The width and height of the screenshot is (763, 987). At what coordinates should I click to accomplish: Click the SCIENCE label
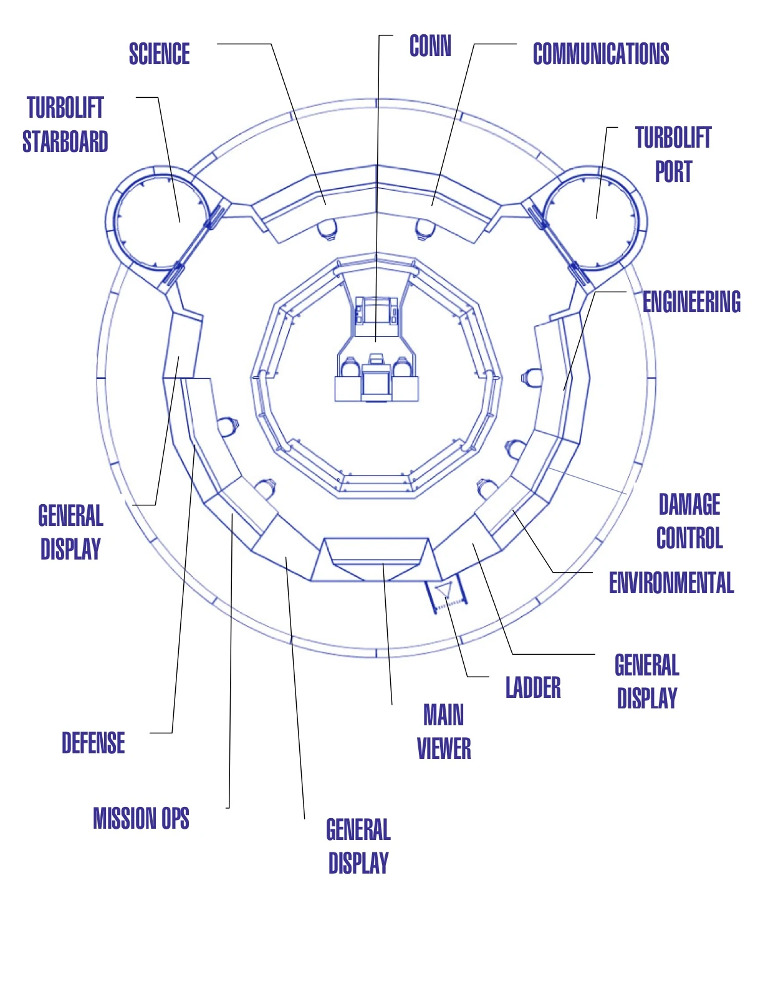pyautogui.click(x=159, y=54)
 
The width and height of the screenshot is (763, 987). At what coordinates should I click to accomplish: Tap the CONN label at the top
pyautogui.click(x=430, y=46)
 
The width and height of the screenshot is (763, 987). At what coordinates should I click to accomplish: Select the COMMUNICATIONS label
pyautogui.click(x=600, y=54)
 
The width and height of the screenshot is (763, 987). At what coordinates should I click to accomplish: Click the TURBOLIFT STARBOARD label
pyautogui.click(x=65, y=125)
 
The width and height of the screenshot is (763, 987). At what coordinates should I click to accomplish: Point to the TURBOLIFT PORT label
pyautogui.click(x=673, y=154)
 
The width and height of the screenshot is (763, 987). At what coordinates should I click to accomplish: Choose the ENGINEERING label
pyautogui.click(x=691, y=302)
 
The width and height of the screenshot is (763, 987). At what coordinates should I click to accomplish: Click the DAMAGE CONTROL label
pyautogui.click(x=689, y=521)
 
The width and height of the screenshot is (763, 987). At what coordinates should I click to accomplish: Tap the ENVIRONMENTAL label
pyautogui.click(x=671, y=583)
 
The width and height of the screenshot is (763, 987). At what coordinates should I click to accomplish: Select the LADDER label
pyautogui.click(x=533, y=688)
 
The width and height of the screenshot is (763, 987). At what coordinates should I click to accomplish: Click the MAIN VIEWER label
pyautogui.click(x=443, y=732)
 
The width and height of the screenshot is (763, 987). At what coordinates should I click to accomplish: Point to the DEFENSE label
pyautogui.click(x=93, y=743)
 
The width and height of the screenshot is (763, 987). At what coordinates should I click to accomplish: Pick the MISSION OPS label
pyautogui.click(x=141, y=819)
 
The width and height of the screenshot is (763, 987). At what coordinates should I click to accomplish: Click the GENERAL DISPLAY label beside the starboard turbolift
pyautogui.click(x=70, y=533)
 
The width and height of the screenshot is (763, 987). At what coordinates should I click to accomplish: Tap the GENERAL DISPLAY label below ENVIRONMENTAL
pyautogui.click(x=646, y=681)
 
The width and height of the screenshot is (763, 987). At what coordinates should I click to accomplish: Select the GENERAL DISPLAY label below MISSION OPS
pyautogui.click(x=358, y=846)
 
